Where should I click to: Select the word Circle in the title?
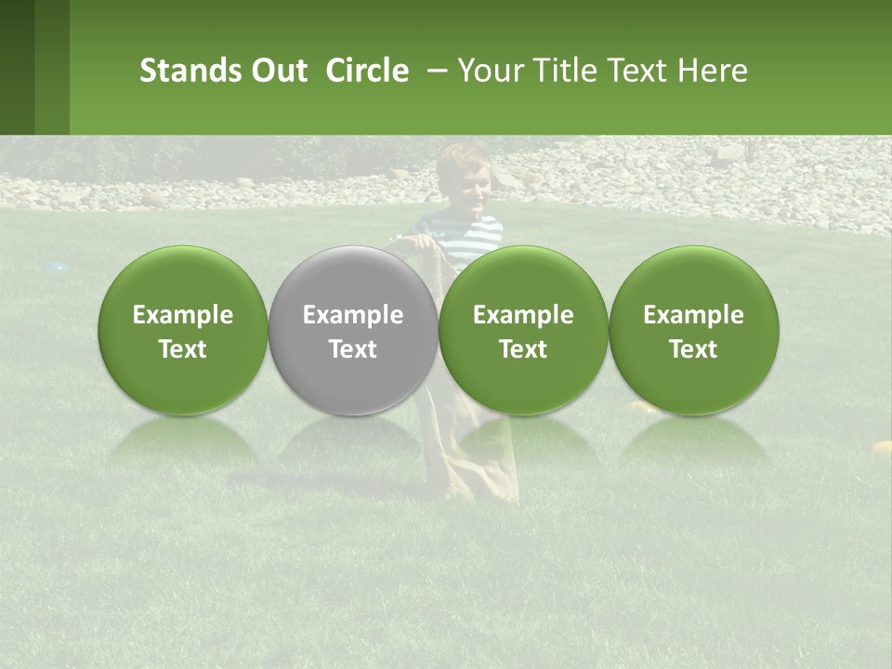(366, 71)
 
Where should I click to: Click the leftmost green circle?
(182, 330)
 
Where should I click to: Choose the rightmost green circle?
(693, 330)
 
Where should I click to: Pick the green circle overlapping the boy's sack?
(523, 330)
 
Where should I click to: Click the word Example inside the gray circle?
(352, 315)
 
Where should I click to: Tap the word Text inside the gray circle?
(352, 349)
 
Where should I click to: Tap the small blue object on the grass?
(57, 267)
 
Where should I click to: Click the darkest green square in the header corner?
(17, 67)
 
